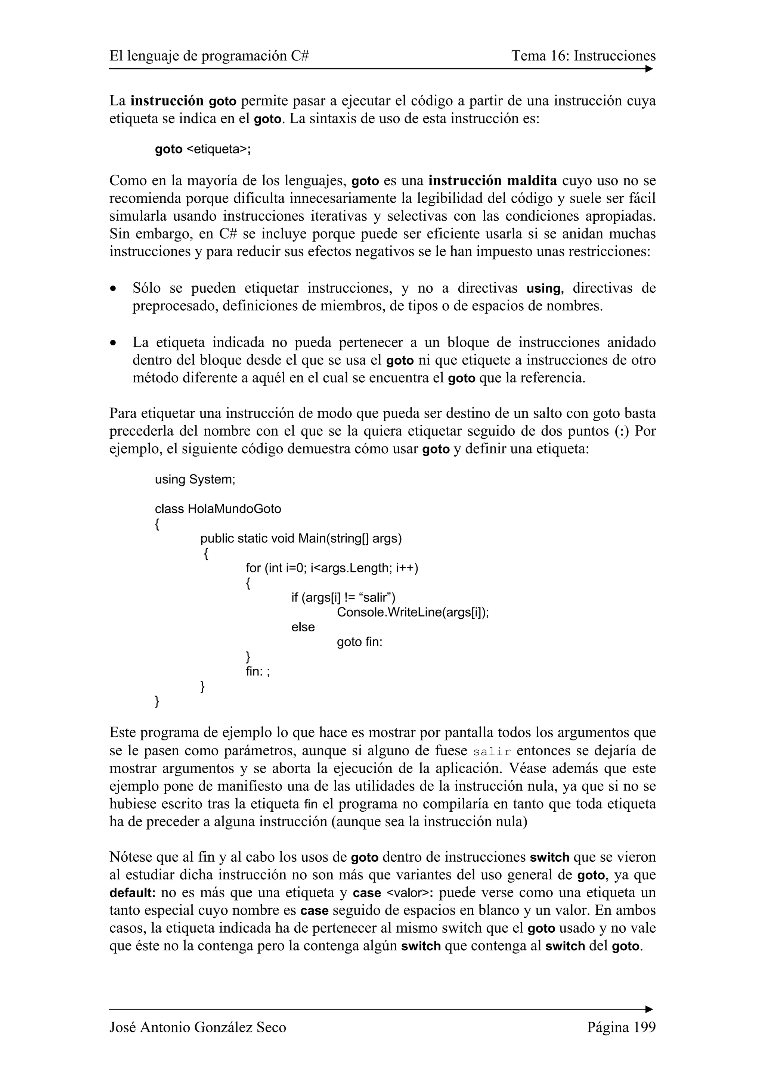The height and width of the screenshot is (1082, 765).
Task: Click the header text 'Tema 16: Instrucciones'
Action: (583, 56)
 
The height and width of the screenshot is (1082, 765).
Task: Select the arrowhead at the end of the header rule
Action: (649, 69)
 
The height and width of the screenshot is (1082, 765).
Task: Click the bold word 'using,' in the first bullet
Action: (545, 288)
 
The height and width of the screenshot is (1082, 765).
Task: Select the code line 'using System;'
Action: (195, 479)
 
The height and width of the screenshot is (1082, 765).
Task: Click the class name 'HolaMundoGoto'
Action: (234, 509)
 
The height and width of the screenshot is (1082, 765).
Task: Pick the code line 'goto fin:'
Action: (359, 642)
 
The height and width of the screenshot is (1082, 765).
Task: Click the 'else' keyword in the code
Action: (303, 627)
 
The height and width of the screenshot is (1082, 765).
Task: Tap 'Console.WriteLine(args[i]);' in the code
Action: (412, 612)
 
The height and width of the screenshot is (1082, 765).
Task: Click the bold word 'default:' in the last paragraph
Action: (133, 893)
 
